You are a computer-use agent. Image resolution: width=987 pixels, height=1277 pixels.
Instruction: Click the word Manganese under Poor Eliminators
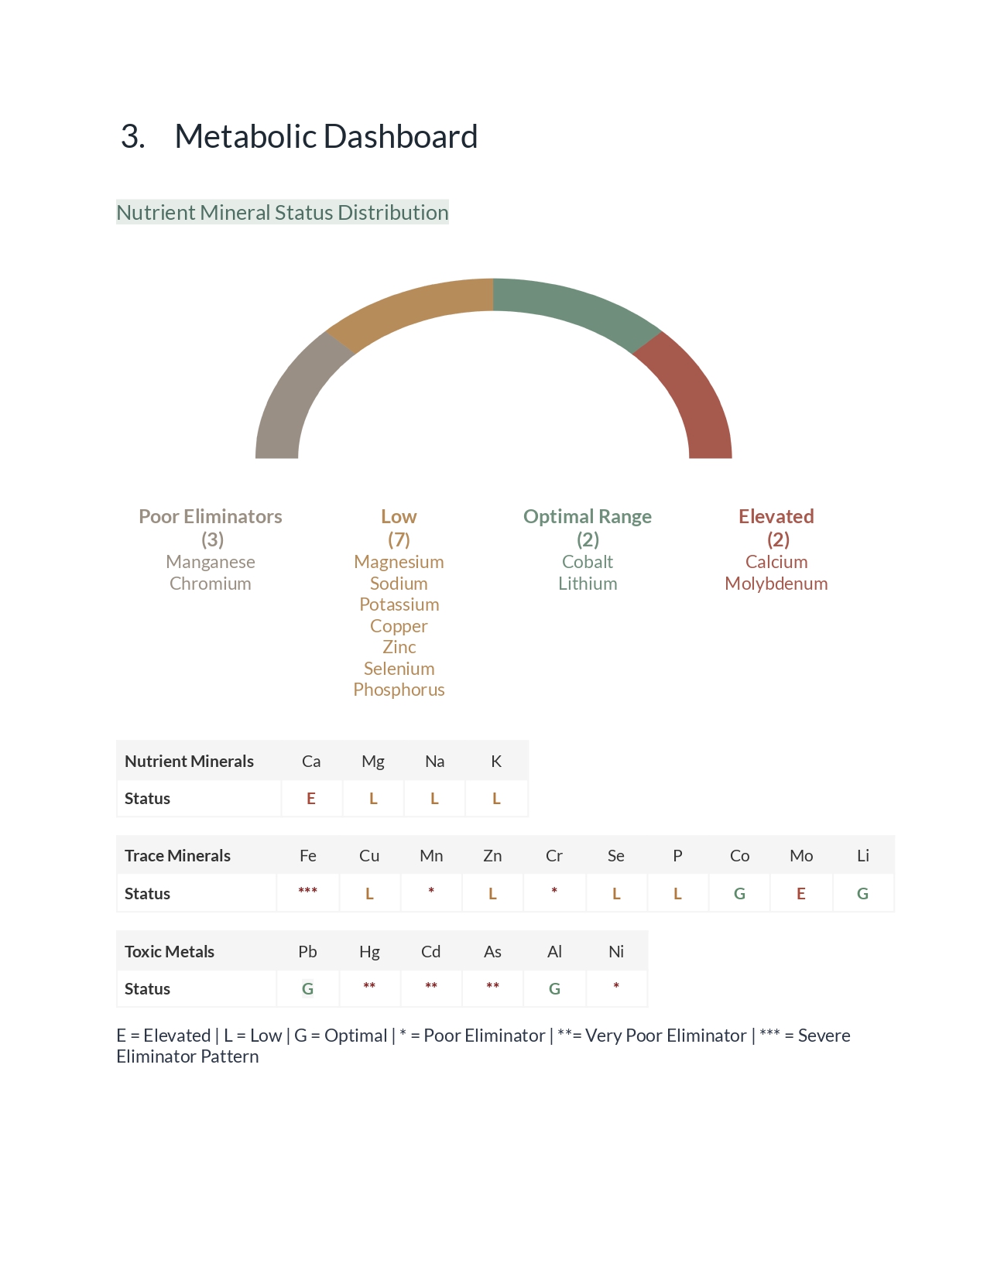[211, 562]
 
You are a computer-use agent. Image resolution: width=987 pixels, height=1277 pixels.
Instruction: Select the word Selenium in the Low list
[399, 669]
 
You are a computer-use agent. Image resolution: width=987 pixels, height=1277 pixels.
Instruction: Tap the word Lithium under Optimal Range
[588, 584]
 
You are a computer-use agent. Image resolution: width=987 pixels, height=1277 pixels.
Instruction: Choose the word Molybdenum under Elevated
[776, 584]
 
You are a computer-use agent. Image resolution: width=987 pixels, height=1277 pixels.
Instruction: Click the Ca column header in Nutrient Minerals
[311, 762]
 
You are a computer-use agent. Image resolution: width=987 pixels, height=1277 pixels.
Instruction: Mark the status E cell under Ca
[311, 799]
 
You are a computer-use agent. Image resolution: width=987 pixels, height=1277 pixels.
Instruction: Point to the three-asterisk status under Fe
[307, 892]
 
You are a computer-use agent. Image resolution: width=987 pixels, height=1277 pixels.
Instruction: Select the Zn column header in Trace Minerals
[492, 856]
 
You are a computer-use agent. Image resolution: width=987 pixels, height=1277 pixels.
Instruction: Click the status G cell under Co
[739, 894]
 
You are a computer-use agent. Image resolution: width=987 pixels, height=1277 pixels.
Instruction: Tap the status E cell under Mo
[801, 894]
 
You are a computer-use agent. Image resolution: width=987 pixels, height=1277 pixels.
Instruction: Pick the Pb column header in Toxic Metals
[307, 952]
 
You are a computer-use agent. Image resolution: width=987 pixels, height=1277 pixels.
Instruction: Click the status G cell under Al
[554, 989]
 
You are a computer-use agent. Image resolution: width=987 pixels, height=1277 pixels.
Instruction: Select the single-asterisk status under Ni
[616, 987]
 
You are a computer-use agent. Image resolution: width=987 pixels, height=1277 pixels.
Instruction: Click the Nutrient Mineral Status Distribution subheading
[283, 213]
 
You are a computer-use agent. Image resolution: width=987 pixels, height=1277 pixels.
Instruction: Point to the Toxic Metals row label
[170, 952]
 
